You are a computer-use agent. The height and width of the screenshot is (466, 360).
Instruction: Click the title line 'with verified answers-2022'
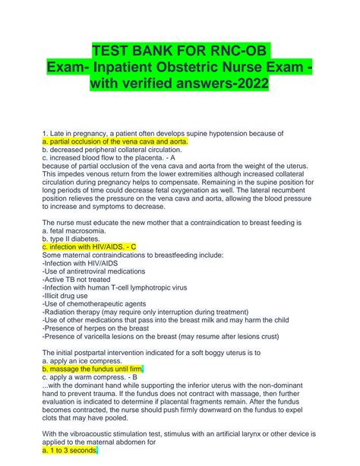pos(179,84)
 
